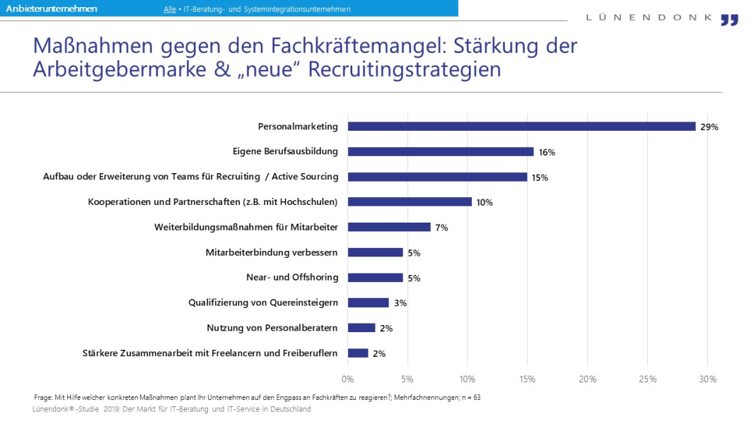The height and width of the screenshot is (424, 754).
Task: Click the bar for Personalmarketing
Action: [521, 126]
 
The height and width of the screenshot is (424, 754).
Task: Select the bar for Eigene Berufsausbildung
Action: [441, 152]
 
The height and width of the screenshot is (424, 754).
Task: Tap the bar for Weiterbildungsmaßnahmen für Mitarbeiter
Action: [389, 227]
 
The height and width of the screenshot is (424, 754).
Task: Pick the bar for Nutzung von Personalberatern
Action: [361, 328]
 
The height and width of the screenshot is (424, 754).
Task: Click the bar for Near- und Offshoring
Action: [376, 278]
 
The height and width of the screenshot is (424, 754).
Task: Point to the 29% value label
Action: [709, 127]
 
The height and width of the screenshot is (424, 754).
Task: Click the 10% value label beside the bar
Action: [485, 203]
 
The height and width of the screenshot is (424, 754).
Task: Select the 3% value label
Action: [400, 303]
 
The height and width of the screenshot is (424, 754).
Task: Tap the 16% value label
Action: [547, 153]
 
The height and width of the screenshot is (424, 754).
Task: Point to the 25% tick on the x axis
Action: [648, 379]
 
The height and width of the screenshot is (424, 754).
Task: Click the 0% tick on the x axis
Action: [348, 379]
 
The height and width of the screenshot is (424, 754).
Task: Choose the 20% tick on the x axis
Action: [588, 379]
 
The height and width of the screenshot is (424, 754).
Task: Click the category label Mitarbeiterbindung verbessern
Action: [272, 252]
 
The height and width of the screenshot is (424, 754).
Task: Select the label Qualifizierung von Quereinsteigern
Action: [263, 302]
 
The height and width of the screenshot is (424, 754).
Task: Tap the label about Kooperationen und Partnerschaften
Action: [213, 202]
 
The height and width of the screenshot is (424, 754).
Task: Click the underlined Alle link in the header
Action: [170, 9]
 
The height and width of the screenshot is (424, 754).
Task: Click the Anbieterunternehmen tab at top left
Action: [52, 8]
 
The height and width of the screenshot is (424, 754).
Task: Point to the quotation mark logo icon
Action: [729, 20]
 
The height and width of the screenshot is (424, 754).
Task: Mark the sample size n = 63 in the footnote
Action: [470, 397]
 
